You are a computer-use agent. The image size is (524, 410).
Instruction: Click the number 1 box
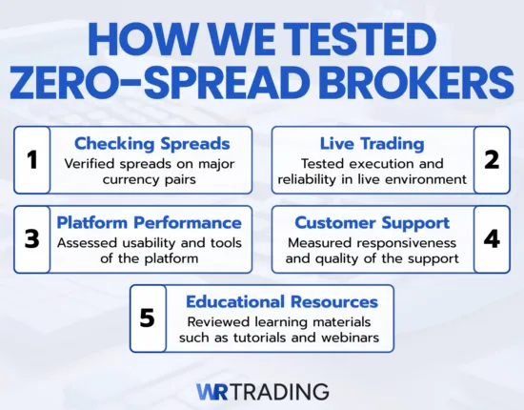(31, 160)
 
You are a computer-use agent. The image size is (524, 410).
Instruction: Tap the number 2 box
(492, 160)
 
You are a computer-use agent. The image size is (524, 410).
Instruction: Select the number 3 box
(31, 239)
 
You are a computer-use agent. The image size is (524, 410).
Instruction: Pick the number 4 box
(492, 239)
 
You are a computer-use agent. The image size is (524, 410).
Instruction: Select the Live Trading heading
(372, 143)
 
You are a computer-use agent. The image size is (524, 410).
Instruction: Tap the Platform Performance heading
(149, 222)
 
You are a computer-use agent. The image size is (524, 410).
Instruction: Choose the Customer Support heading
(371, 222)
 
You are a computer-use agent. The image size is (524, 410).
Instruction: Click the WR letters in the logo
(215, 391)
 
